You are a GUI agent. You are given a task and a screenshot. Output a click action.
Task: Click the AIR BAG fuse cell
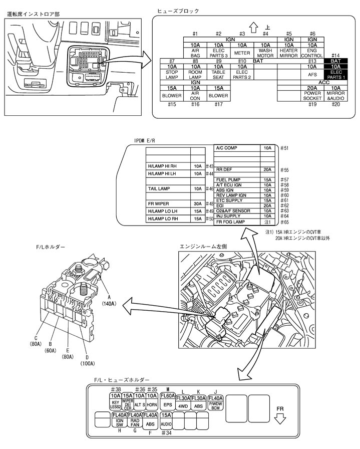point(195,52)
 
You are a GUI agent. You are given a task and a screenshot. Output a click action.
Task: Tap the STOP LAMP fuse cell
point(172,75)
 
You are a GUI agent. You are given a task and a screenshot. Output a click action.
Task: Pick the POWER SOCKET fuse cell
point(312,96)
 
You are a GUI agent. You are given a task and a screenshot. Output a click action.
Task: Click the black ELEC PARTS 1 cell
point(335,75)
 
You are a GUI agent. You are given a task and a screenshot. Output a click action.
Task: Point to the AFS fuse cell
point(312,74)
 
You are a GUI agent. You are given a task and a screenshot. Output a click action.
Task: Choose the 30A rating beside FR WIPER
point(197,203)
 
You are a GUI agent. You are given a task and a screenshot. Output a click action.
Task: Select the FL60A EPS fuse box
point(168,400)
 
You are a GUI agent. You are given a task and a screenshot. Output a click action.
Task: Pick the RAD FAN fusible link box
point(135,420)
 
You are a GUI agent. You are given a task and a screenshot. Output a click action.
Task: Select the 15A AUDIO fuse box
point(167,419)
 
